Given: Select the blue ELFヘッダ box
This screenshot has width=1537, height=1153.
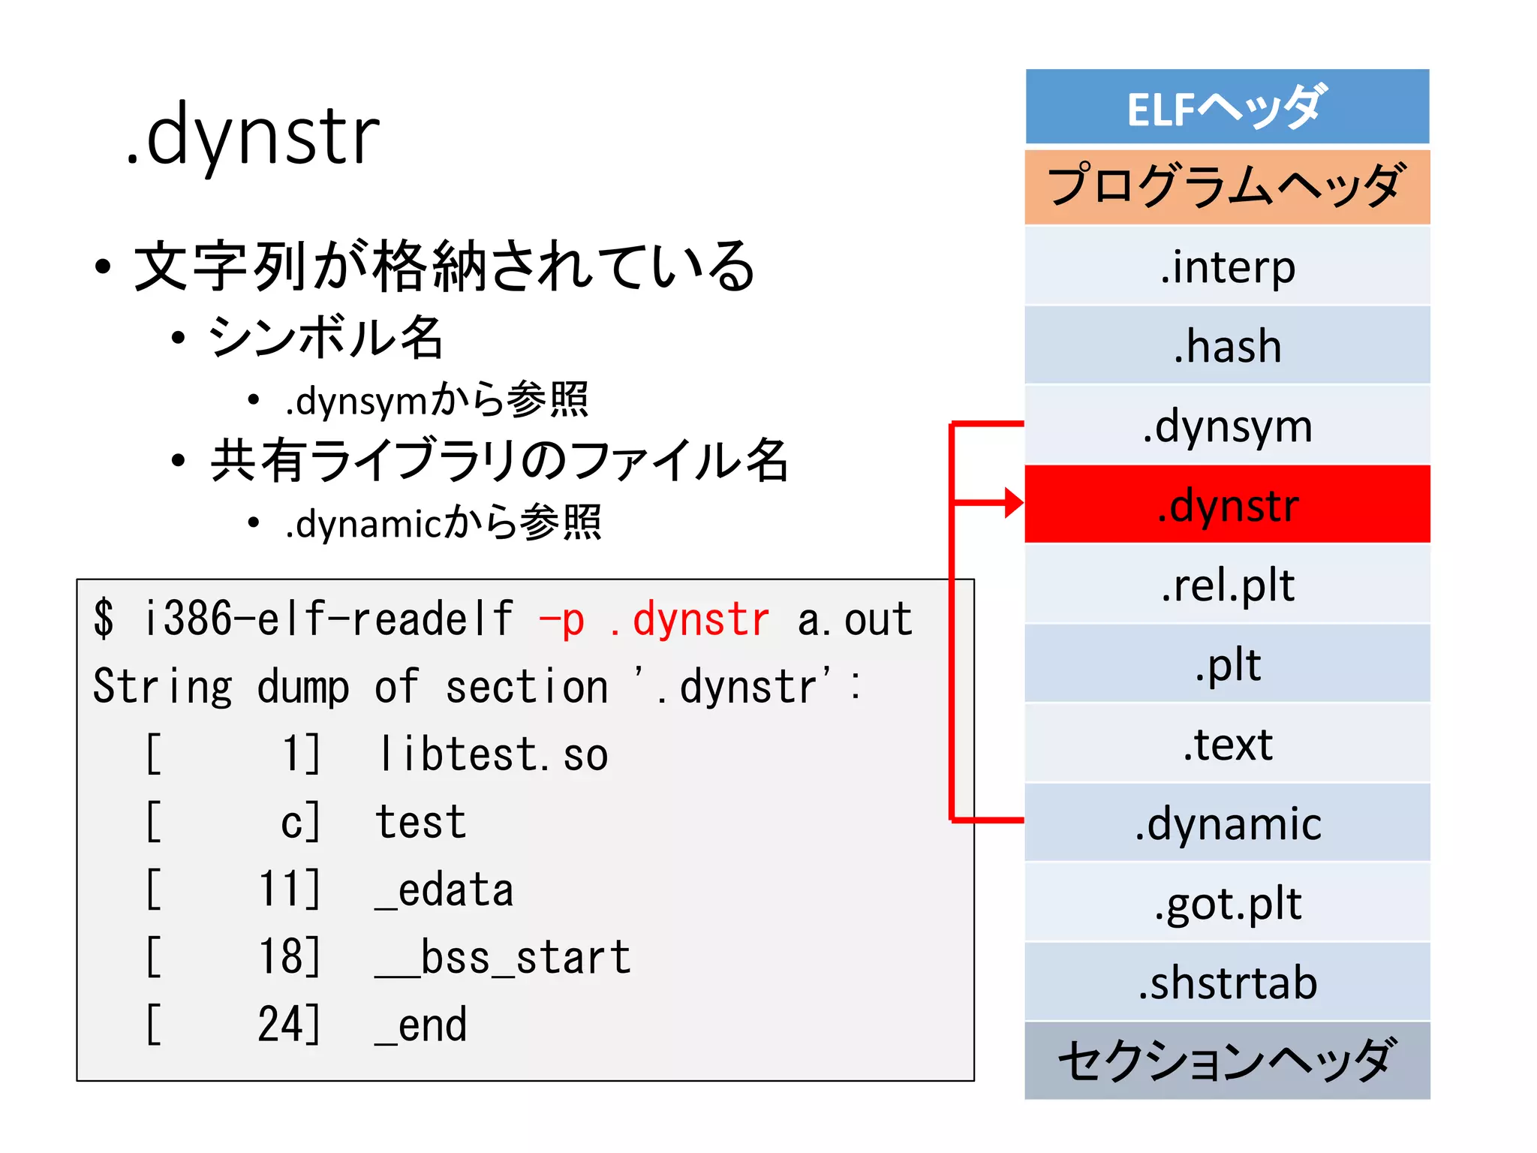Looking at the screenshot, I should pyautogui.click(x=1227, y=107).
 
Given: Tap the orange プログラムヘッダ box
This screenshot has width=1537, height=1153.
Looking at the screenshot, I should pyautogui.click(x=1227, y=187).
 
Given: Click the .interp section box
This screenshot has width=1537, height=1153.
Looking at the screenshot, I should pyautogui.click(x=1227, y=266).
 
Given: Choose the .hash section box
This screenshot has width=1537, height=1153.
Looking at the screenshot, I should pyautogui.click(x=1227, y=346).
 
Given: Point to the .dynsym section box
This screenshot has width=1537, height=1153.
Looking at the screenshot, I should pyautogui.click(x=1227, y=426).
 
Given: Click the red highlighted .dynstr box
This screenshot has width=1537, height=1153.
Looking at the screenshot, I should pyautogui.click(x=1227, y=504).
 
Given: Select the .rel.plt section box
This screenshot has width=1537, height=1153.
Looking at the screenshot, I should pyautogui.click(x=1227, y=585).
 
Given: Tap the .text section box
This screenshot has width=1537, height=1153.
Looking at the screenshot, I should pyautogui.click(x=1227, y=744).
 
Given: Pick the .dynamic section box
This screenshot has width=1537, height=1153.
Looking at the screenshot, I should pyautogui.click(x=1227, y=823).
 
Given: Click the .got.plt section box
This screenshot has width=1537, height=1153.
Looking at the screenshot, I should pyautogui.click(x=1227, y=903).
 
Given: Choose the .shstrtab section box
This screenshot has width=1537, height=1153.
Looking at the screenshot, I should pyautogui.click(x=1227, y=983).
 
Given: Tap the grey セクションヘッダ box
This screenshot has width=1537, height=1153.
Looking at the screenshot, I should pyautogui.click(x=1227, y=1061).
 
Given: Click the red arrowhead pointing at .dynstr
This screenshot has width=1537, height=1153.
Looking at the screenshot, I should pyautogui.click(x=1014, y=502).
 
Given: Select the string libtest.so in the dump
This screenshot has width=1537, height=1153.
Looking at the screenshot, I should pyautogui.click(x=492, y=754).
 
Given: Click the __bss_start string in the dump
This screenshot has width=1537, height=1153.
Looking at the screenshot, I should pyautogui.click(x=503, y=957).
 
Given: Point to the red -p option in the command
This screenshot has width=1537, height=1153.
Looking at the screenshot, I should pyautogui.click(x=561, y=620).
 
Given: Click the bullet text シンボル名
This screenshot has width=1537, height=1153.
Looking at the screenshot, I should pyautogui.click(x=326, y=337).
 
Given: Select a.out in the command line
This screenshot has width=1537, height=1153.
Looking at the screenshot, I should pyautogui.click(x=854, y=620).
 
